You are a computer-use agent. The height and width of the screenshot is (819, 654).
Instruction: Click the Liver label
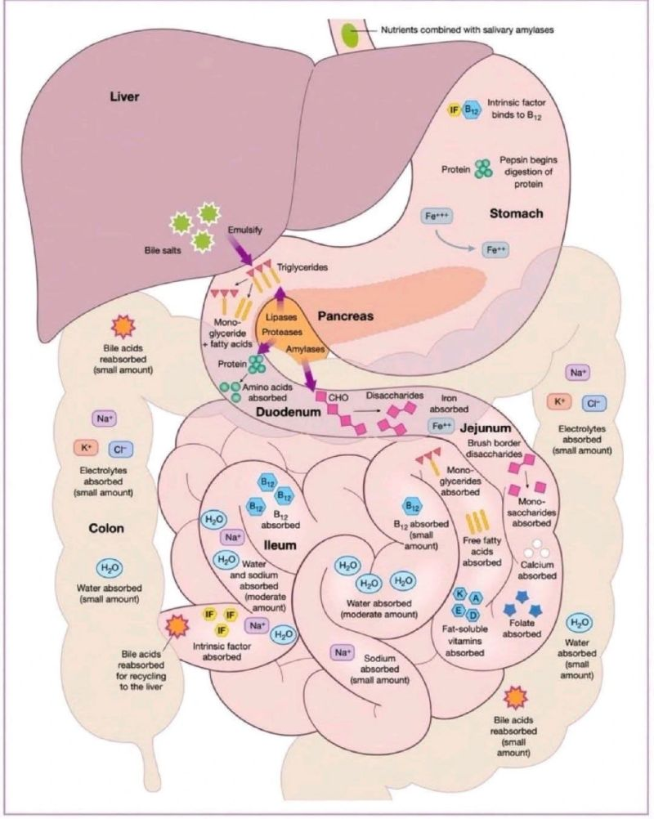point(126,97)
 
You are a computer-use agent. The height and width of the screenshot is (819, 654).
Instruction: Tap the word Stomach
point(516,213)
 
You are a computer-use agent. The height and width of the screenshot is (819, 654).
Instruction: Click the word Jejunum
point(485,427)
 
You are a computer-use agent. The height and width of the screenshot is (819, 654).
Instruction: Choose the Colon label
point(106,528)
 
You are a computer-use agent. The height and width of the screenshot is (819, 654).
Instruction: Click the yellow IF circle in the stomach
point(455,110)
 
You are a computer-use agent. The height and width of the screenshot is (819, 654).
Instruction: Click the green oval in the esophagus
point(350,35)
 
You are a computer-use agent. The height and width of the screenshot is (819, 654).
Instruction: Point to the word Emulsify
point(244,230)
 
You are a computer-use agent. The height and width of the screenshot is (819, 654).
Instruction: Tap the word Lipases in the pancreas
point(281,316)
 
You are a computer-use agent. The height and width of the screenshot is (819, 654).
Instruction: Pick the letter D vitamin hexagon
point(473,613)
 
